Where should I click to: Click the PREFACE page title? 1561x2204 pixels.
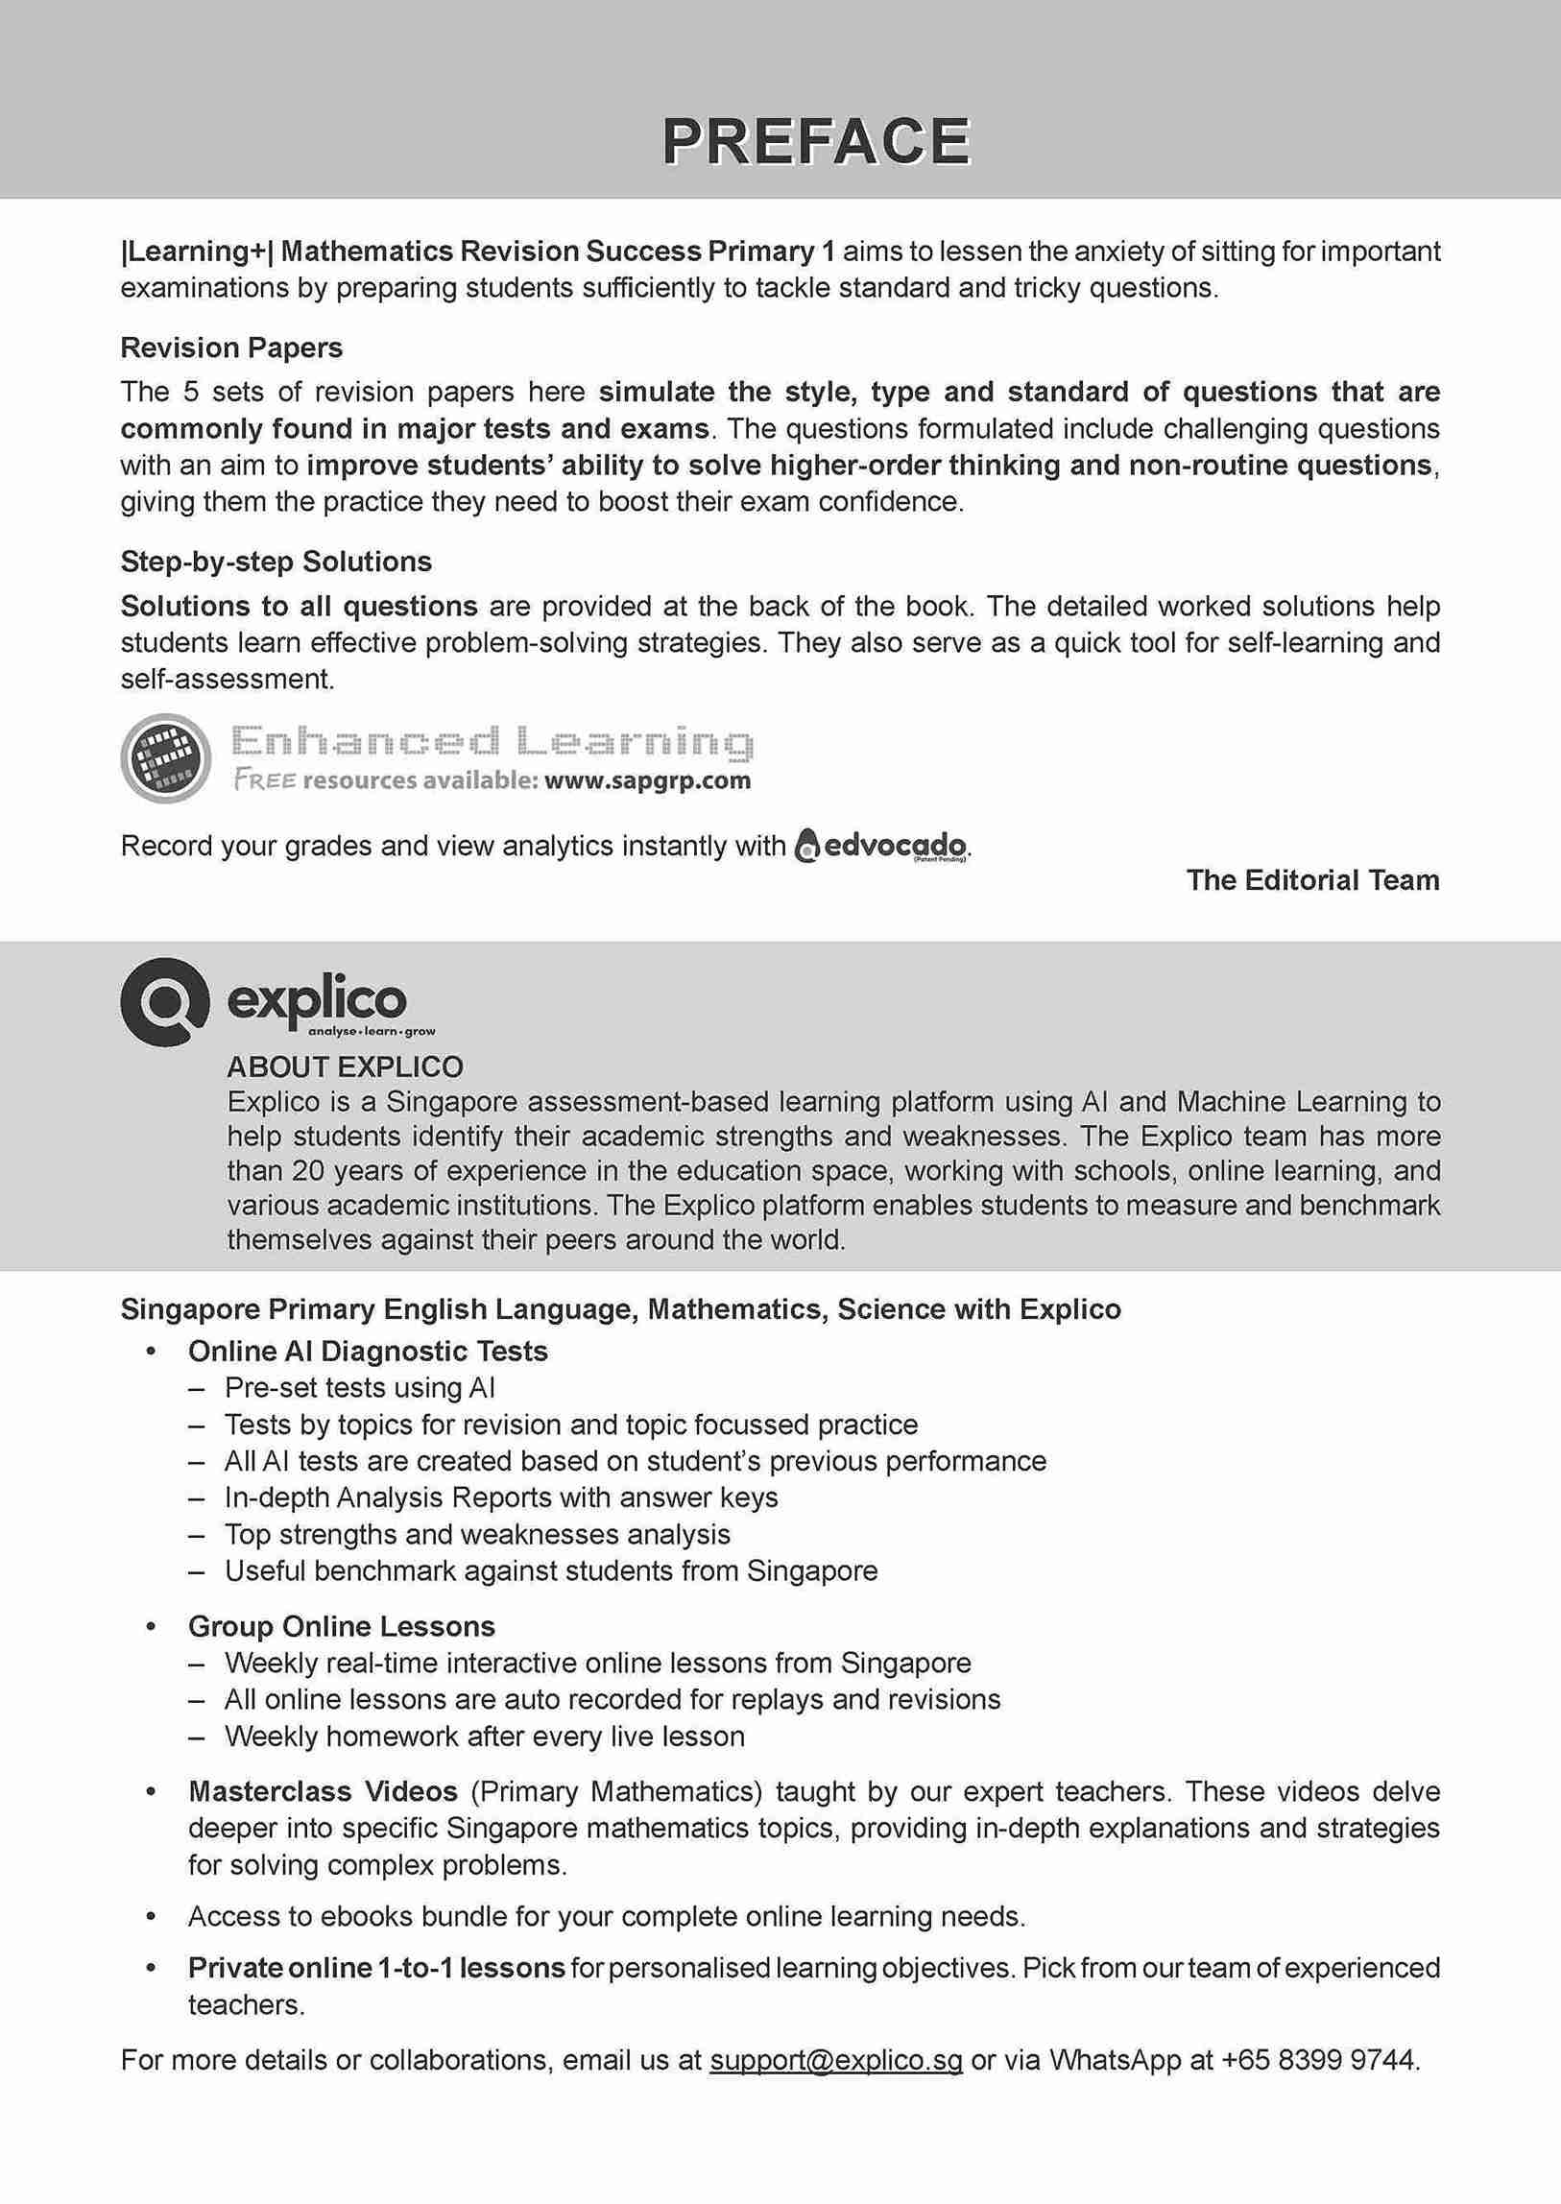click(816, 141)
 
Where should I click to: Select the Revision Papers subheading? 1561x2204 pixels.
click(231, 347)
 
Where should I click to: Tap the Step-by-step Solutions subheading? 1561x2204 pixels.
click(276, 562)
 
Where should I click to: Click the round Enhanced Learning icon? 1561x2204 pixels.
click(165, 759)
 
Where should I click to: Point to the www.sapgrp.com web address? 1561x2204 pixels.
click(647, 780)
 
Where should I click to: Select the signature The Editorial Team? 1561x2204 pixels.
click(1312, 880)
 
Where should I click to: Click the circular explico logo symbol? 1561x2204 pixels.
click(164, 1000)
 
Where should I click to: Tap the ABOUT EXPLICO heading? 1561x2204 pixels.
click(345, 1066)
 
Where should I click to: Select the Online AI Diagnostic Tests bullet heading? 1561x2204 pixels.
click(368, 1352)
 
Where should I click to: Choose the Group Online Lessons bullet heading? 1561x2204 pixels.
click(341, 1626)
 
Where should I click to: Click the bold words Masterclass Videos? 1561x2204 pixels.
click(323, 1791)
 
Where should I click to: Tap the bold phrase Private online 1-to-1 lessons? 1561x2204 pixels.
click(375, 1968)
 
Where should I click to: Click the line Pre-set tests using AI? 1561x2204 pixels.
click(359, 1388)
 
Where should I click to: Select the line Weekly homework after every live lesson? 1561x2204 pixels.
click(485, 1736)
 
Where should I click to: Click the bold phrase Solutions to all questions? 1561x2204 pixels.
click(299, 607)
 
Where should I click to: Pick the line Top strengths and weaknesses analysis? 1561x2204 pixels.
click(477, 1534)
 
